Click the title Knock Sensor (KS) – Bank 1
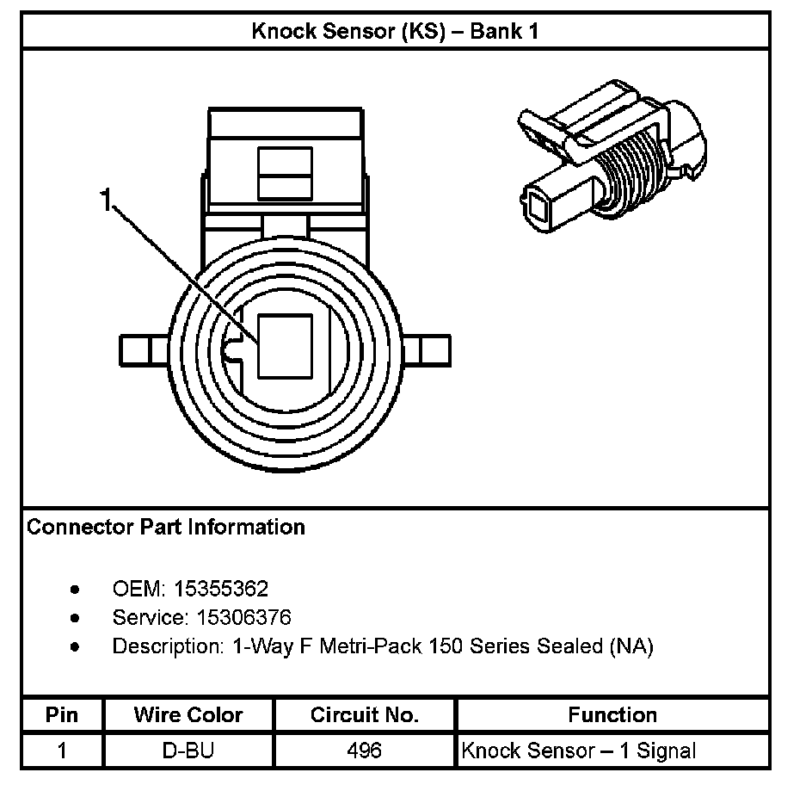pyautogui.click(x=395, y=32)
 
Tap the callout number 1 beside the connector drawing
pyautogui.click(x=106, y=201)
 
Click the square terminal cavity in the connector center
pyautogui.click(x=286, y=345)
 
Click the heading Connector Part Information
pyautogui.click(x=166, y=527)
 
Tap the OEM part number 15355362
pyautogui.click(x=221, y=590)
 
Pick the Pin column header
pyautogui.click(x=61, y=715)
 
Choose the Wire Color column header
pyautogui.click(x=188, y=715)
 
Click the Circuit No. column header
pyautogui.click(x=365, y=715)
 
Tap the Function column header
pyautogui.click(x=612, y=715)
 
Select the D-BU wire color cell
pyautogui.click(x=188, y=751)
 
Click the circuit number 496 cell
pyautogui.click(x=365, y=751)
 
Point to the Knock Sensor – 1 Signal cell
pyautogui.click(x=578, y=751)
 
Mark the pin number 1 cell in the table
pyautogui.click(x=61, y=751)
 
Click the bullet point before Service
pyautogui.click(x=77, y=618)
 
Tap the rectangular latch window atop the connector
pyautogui.click(x=286, y=173)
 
